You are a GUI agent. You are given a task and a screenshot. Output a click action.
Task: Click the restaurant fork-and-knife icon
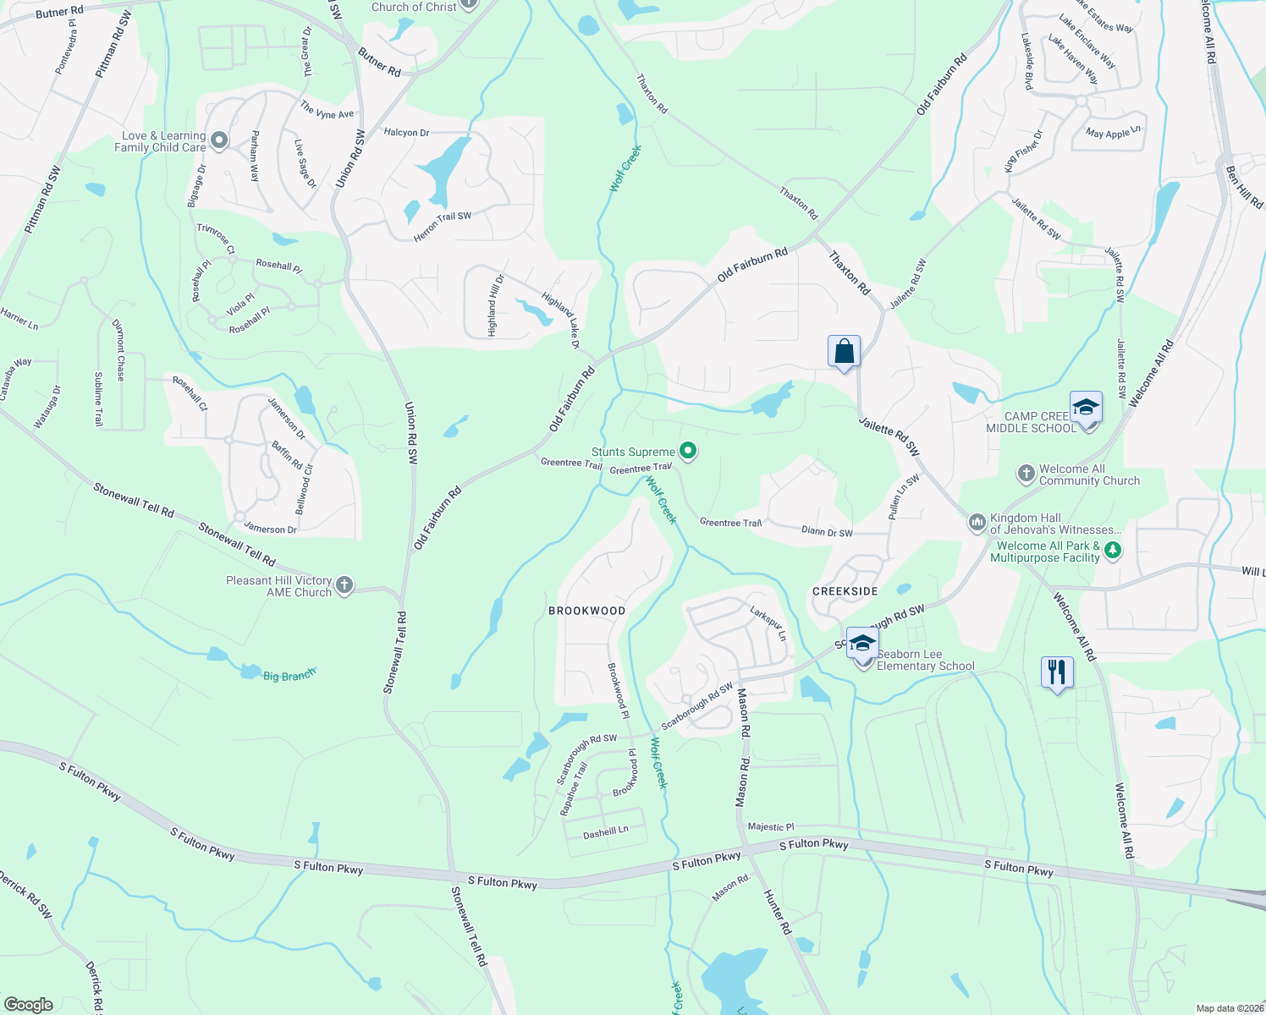(1056, 672)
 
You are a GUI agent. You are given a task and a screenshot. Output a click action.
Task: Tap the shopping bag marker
(844, 351)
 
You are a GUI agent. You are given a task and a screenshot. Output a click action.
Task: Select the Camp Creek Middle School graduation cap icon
(1086, 408)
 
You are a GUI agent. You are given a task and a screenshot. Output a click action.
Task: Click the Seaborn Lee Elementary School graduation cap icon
(862, 644)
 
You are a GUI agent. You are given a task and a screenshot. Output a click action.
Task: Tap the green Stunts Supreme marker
(689, 452)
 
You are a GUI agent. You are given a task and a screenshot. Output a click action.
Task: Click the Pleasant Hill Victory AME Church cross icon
(344, 584)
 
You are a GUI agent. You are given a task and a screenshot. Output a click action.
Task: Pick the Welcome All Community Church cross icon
(1026, 474)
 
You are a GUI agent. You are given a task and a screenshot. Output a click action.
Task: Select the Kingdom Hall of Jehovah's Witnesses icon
(977, 523)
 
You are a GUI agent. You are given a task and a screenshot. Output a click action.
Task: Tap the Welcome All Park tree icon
(1113, 551)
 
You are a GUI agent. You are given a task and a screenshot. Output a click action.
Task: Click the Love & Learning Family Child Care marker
(219, 140)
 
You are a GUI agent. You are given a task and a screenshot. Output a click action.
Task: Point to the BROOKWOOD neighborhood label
(586, 611)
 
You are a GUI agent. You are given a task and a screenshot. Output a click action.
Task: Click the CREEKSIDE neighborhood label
(845, 591)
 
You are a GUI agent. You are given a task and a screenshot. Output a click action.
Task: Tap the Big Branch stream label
(289, 675)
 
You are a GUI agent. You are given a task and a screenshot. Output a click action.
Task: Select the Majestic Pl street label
(771, 826)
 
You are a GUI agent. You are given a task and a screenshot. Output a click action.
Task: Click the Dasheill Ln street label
(605, 832)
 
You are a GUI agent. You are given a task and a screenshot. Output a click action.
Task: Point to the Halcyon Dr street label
(406, 133)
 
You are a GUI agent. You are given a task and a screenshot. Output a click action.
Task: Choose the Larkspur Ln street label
(768, 623)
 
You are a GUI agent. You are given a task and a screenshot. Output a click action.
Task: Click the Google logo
(29, 1004)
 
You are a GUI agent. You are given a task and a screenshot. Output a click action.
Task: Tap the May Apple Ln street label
(1113, 133)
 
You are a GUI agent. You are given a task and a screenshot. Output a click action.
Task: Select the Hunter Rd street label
(778, 912)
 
